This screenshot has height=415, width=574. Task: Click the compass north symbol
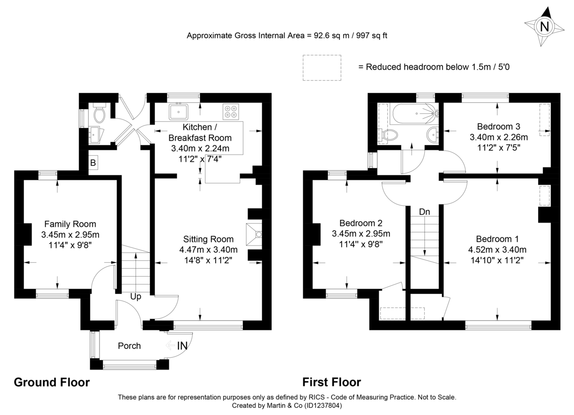pos(544,27)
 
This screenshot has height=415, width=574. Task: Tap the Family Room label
pos(70,224)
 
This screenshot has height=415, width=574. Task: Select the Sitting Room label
pos(208,239)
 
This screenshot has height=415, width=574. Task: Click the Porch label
pos(129,346)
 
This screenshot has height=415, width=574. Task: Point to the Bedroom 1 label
pos(497,239)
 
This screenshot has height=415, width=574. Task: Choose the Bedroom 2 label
pos(361,223)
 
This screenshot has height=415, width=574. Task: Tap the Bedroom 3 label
pos(498,126)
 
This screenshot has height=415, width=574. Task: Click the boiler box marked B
pos(93,162)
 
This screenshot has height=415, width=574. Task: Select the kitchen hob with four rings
pos(230,112)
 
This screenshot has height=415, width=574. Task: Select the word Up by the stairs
pos(136,297)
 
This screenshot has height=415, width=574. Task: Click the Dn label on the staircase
pos(424,212)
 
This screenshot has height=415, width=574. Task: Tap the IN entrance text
pos(182,345)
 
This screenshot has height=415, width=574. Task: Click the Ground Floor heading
pos(52,382)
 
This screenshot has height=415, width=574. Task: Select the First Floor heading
pos(331,382)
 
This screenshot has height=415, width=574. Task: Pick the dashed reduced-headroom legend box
pos(321,67)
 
